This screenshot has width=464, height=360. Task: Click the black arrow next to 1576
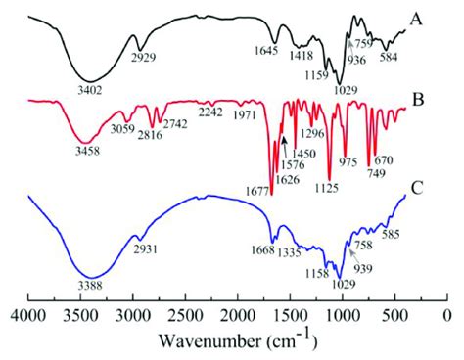coord(284,146)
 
